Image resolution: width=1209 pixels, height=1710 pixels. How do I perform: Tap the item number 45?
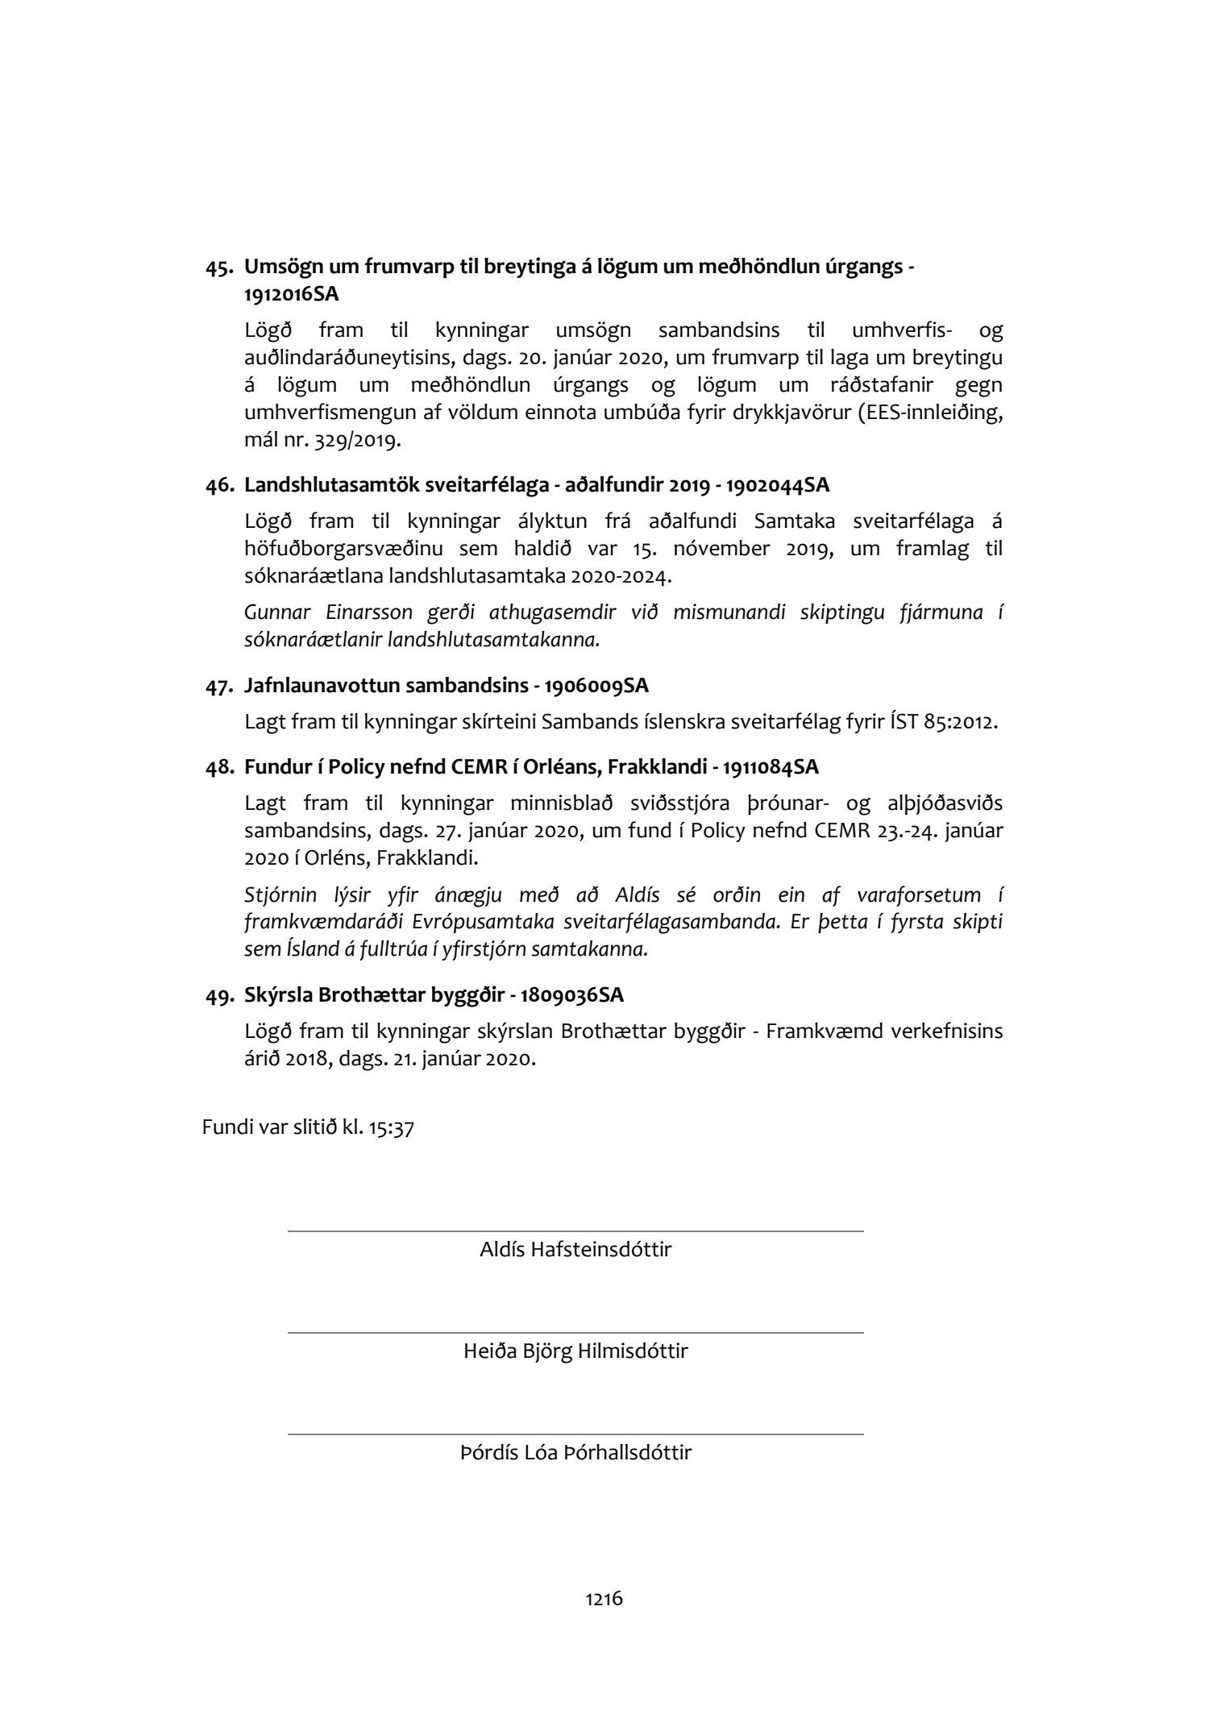pos(219,268)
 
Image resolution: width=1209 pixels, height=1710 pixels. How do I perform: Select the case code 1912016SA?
pos(291,295)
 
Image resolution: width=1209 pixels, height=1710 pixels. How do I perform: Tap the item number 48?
pos(219,767)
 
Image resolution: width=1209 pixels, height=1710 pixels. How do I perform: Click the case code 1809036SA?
pos(571,995)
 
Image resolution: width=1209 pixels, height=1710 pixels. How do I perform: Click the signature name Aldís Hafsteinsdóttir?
pos(575,1250)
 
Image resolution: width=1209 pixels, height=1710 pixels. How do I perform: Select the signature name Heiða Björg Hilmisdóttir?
pos(575,1351)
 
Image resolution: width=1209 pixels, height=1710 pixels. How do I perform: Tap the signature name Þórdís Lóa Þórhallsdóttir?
pos(575,1453)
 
